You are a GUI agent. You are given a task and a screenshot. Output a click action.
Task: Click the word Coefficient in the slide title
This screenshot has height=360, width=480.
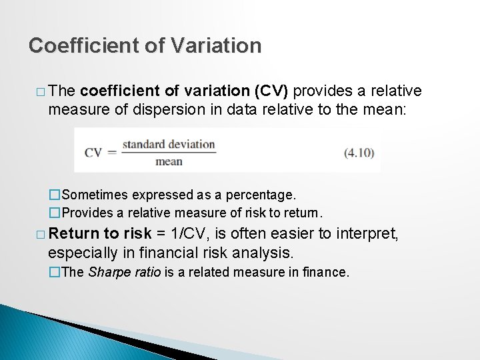[x=83, y=45]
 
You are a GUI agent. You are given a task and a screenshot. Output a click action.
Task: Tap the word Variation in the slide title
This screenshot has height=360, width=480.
[x=216, y=45]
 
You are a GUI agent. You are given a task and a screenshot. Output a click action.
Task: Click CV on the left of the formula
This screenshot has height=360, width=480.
[x=93, y=153]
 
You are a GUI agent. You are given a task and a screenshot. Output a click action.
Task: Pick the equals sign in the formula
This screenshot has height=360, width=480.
[x=112, y=153]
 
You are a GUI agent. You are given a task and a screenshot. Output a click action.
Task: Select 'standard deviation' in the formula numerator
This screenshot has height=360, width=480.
[x=169, y=144]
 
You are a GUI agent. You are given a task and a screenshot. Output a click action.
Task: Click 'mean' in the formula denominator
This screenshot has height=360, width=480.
[x=169, y=161]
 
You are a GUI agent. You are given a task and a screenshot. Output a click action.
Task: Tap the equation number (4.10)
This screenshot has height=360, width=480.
[x=359, y=153]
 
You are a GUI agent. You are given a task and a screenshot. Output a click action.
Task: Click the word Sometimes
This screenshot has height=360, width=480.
[x=95, y=195]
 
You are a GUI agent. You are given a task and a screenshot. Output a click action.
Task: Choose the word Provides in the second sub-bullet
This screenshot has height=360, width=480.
[x=91, y=213]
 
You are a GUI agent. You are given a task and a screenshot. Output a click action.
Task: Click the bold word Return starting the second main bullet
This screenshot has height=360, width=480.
[x=73, y=235]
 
